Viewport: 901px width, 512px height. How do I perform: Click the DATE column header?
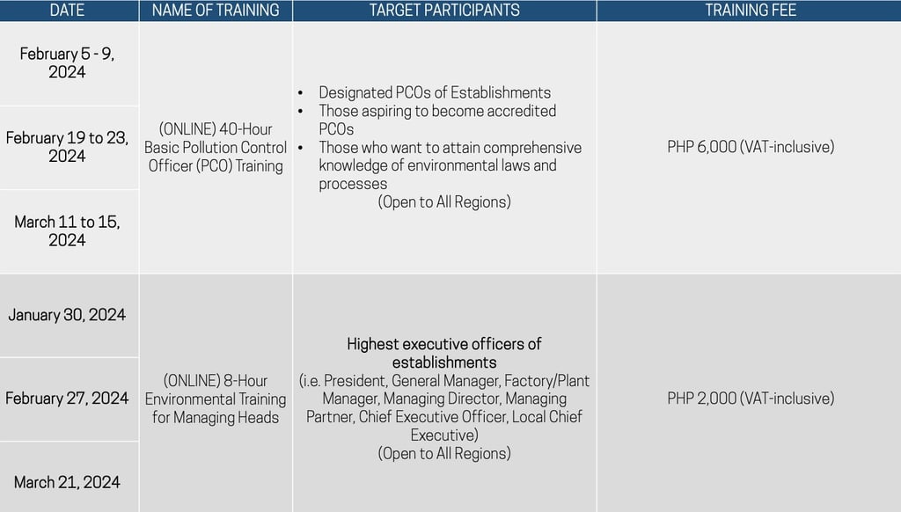68,11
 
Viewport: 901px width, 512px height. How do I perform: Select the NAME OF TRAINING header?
216,11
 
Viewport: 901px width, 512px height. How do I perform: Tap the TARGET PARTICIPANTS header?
444,11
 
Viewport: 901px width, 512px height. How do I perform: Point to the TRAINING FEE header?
750,11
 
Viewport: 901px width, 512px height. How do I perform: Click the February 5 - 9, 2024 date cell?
68,62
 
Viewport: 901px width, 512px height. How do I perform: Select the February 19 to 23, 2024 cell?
68,147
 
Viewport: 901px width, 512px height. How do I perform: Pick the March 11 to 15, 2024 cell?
68,230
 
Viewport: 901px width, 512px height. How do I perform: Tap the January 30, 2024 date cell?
68,315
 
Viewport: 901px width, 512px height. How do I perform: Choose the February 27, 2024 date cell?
68,399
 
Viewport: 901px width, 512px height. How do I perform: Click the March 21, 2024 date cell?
68,482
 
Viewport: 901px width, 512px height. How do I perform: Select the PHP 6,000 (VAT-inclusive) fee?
750,147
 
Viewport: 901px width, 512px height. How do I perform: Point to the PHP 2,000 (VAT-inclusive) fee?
750,399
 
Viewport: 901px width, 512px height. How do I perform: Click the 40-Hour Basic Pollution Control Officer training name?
216,147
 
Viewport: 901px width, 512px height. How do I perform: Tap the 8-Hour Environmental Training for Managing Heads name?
216,399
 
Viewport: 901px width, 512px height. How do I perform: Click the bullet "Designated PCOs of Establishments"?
434,92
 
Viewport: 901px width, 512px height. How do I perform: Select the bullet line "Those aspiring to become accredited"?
437,111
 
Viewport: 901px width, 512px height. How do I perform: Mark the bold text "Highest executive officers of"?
444,344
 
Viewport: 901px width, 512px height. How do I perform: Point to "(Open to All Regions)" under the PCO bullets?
444,202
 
